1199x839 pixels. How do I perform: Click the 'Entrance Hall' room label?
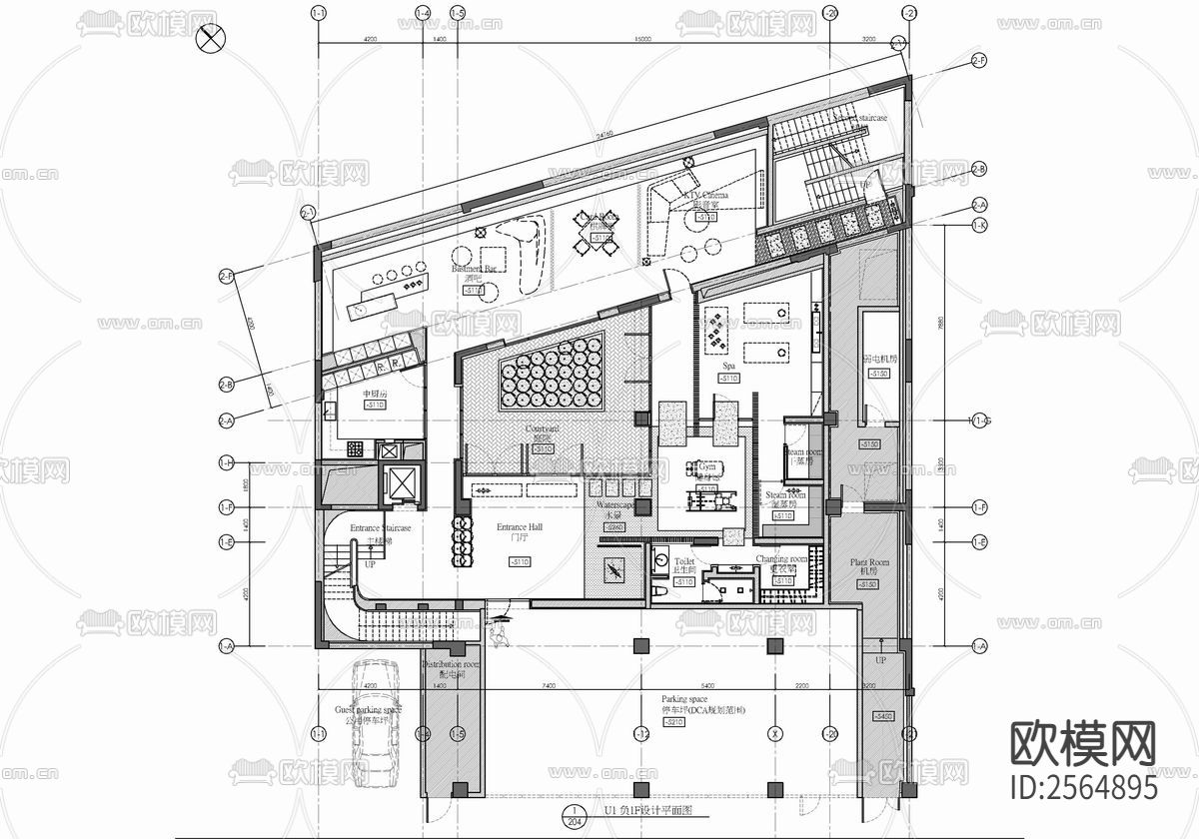[520, 526]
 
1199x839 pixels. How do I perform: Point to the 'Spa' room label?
[729, 367]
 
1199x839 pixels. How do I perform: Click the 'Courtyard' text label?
[542, 428]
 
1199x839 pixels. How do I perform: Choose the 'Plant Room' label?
[869, 563]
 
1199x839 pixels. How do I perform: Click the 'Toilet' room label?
[684, 562]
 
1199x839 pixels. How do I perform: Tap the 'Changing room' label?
[781, 559]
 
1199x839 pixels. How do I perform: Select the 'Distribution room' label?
[450, 664]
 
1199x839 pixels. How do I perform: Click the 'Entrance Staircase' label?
[380, 528]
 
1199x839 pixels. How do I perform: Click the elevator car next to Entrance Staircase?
[400, 483]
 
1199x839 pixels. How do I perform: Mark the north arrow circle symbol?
[211, 40]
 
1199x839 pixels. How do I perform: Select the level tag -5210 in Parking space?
[674, 722]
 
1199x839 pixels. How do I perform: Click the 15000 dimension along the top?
[641, 39]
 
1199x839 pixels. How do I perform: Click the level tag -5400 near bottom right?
[883, 716]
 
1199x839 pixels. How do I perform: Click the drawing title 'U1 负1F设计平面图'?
[639, 812]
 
